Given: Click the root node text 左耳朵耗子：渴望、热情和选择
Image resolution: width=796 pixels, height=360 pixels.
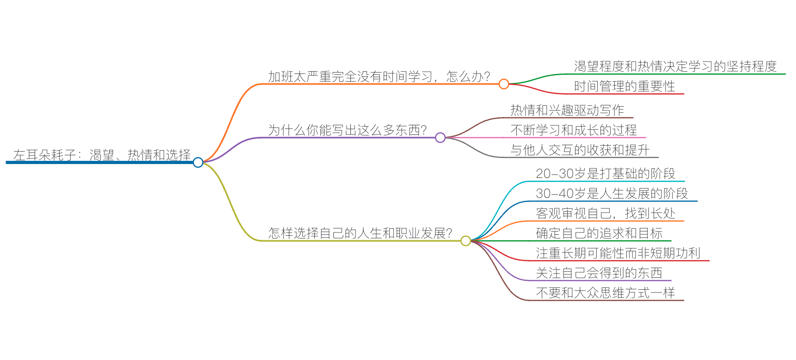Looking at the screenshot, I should (x=102, y=155).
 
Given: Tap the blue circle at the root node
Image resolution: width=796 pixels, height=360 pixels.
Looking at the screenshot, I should (x=198, y=162).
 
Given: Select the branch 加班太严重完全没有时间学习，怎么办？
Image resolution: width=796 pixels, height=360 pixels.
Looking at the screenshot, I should (x=379, y=77).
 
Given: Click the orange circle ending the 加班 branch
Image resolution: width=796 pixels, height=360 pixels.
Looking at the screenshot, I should (x=504, y=84).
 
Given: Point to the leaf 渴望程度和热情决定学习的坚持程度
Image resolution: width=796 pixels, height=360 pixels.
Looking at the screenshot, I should (x=675, y=67).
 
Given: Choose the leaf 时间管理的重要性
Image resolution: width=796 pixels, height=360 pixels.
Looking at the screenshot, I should (x=625, y=86).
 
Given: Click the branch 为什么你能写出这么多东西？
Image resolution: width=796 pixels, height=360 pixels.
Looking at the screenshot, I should (x=347, y=130).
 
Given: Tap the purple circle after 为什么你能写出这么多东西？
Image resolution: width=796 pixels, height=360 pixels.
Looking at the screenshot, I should (x=440, y=137).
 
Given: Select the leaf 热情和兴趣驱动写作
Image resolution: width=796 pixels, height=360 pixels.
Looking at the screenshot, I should (x=567, y=110).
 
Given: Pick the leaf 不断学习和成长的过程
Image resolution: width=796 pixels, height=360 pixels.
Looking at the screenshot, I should (x=574, y=130).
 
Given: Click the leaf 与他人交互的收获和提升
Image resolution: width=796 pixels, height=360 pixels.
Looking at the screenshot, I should (x=580, y=150).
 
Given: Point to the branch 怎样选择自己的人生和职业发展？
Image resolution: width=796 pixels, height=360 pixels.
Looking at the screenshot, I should (x=360, y=233).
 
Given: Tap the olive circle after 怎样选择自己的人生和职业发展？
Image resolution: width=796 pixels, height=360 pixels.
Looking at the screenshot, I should (x=465, y=240).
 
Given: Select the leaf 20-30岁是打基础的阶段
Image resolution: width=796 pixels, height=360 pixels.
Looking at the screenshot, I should (x=606, y=174).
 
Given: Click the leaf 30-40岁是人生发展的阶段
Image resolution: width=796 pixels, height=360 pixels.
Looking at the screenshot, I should (x=612, y=194).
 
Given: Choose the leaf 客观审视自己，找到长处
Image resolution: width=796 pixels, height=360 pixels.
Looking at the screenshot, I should (x=606, y=214).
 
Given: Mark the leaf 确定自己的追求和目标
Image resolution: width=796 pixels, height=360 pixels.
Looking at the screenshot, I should (x=599, y=233).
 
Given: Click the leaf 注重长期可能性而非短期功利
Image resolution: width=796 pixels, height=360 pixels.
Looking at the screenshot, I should (x=618, y=253).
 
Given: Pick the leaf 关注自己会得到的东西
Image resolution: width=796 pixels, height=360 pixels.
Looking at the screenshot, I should (x=599, y=273).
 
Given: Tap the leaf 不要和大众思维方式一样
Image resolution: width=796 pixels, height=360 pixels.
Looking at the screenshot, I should (x=606, y=293).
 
